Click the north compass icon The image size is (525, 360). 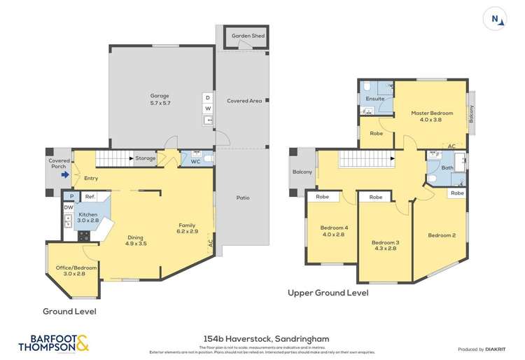(496, 20)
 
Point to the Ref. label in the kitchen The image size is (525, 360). (90, 198)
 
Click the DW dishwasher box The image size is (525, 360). (68, 207)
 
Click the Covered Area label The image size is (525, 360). (244, 101)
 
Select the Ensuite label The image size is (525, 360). (374, 99)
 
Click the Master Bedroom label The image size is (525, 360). (432, 116)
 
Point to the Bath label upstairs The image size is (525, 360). (447, 168)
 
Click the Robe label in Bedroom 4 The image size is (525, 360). (323, 198)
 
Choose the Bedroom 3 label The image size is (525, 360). (384, 247)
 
